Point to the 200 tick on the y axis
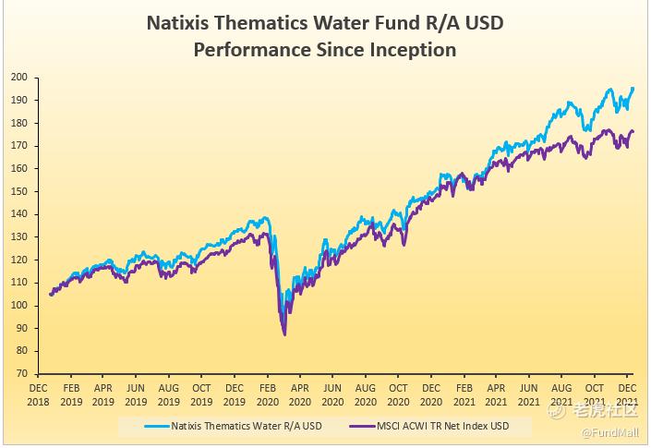coord(18,78)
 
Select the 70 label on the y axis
coord(20,374)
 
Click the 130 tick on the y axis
coord(18,237)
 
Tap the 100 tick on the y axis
coord(18,306)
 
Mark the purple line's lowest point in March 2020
coord(284,333)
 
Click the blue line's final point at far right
coord(633,88)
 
